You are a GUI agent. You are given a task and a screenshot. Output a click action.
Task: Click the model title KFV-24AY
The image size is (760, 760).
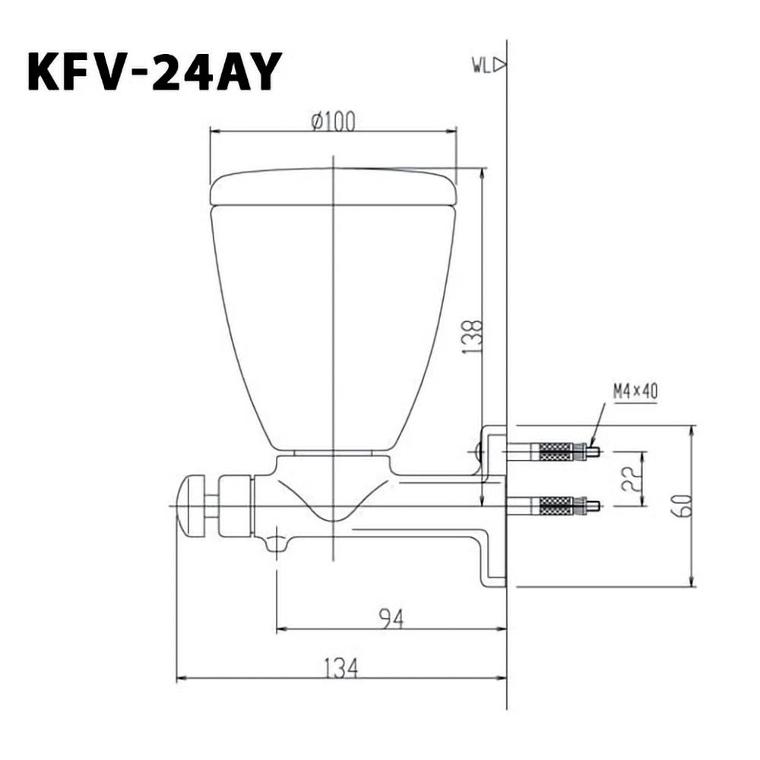(x=154, y=71)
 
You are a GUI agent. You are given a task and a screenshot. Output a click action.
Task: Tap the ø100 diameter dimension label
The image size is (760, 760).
(x=334, y=121)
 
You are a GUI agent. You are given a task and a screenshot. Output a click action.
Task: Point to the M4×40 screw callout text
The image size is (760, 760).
(x=635, y=391)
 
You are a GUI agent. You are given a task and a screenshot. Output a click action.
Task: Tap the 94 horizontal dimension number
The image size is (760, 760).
(x=391, y=619)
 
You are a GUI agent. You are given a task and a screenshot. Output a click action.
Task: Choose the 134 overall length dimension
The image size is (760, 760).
(x=341, y=668)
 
